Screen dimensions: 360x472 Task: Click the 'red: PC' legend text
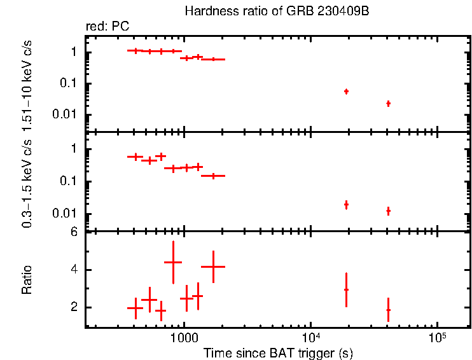click(x=108, y=27)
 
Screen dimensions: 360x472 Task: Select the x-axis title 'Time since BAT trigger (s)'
click(x=278, y=352)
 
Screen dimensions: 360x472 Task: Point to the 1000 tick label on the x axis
click(x=184, y=339)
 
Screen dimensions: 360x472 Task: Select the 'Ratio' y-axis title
click(x=27, y=280)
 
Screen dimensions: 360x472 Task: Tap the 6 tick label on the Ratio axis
click(x=74, y=232)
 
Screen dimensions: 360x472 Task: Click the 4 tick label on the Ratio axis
click(x=74, y=270)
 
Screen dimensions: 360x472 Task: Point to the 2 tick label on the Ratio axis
click(x=74, y=307)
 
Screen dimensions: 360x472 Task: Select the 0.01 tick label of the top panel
click(x=67, y=114)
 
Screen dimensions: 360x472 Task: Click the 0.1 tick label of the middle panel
click(x=70, y=181)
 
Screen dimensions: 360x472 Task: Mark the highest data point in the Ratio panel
click(x=173, y=262)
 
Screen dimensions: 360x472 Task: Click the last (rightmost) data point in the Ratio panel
click(x=388, y=310)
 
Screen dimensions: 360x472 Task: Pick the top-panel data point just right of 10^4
click(x=346, y=92)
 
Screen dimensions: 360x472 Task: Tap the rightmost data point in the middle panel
click(x=388, y=211)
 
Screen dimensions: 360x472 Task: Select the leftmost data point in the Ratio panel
click(x=135, y=308)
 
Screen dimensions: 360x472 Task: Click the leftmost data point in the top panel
click(x=135, y=50)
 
